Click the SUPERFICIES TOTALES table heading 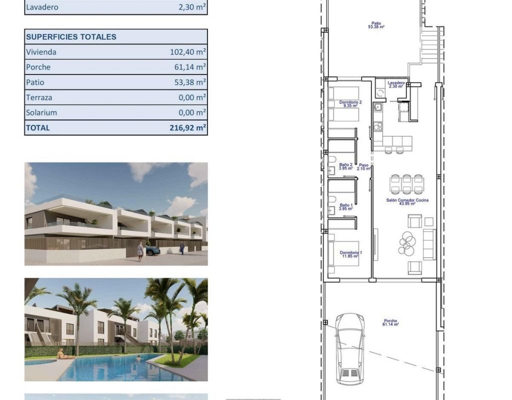pos(71,37)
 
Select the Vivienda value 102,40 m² pos(188,52)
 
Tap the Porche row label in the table pos(38,67)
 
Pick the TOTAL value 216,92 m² pos(188,127)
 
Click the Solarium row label pos(41,112)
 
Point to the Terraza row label pos(39,97)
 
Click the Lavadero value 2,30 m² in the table pos(192,7)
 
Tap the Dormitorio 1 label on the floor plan pos(350,254)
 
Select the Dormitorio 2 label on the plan pos(350,104)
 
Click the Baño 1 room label pos(346,207)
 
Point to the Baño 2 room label pos(346,166)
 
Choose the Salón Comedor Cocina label pos(407,202)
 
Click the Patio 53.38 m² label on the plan pos(376,25)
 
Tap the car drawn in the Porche pos(350,348)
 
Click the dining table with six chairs pos(407,184)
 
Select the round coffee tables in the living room pos(407,243)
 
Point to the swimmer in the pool pos(138,359)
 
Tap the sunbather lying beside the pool pos(64,354)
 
